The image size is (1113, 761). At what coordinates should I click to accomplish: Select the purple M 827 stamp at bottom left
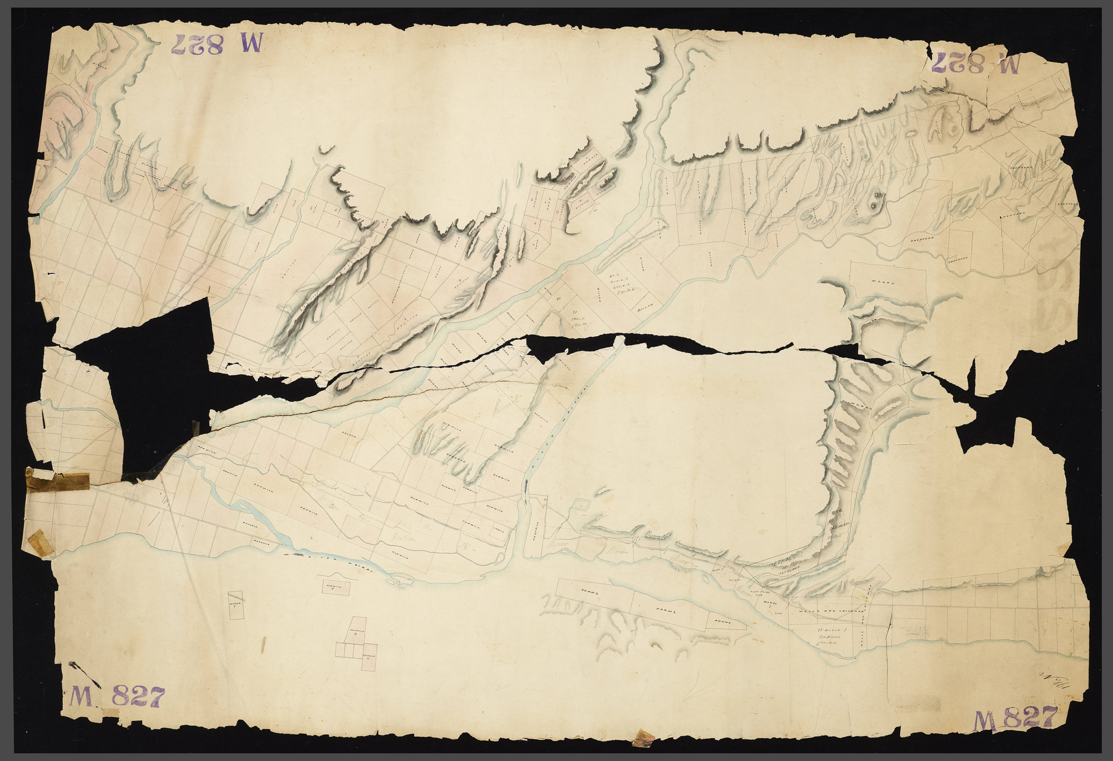[x=117, y=696]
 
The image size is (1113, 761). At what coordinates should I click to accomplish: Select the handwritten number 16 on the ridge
[x=838, y=510]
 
